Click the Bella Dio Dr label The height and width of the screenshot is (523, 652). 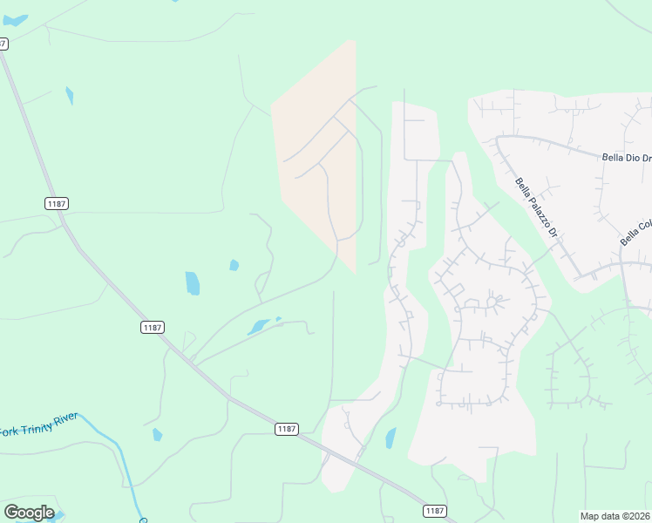626,158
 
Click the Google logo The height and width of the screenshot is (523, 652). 29,513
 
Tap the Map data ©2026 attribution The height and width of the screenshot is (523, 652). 615,516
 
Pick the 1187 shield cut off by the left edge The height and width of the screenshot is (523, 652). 3,43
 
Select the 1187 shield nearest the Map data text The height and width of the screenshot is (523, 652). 436,510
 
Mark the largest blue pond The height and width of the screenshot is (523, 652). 193,283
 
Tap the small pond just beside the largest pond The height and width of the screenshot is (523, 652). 234,265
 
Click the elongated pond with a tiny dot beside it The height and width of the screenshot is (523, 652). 259,328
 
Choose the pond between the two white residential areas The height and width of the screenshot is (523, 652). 391,438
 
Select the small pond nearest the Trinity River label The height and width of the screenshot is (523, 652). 157,434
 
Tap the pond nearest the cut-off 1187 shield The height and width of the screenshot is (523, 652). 70,95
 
